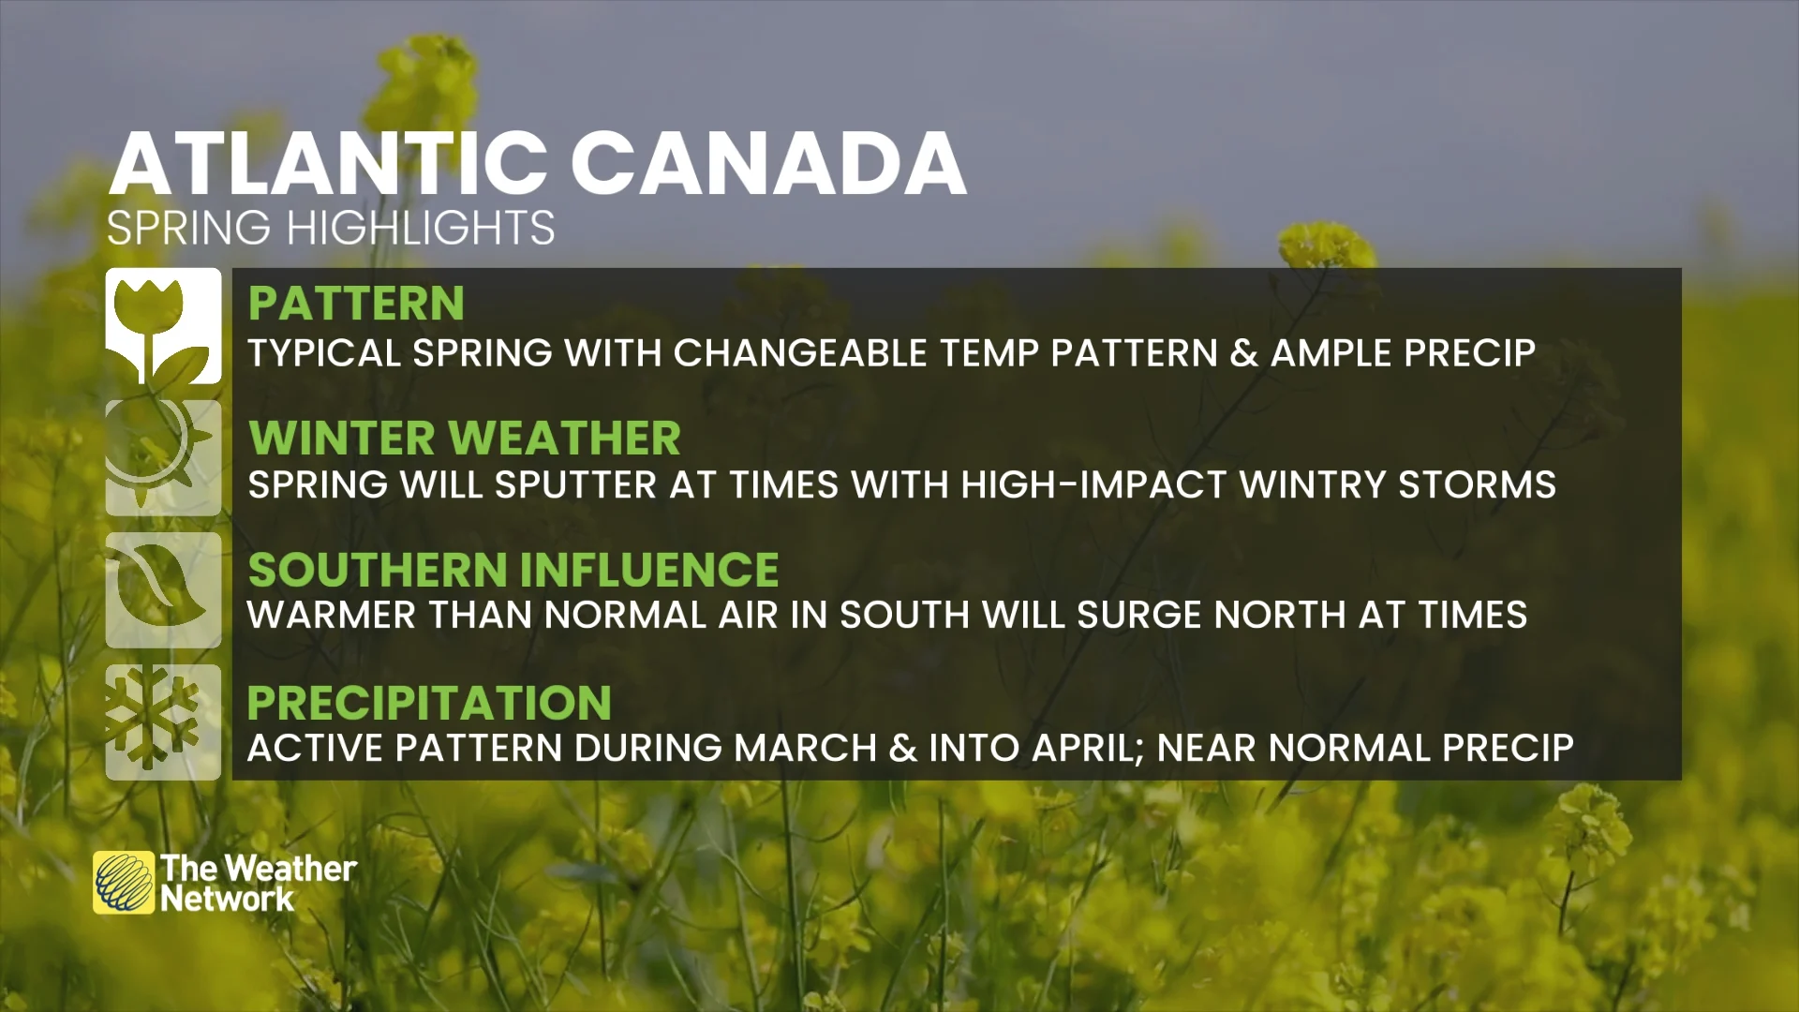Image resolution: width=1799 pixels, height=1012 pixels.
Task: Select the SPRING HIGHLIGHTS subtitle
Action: coord(331,228)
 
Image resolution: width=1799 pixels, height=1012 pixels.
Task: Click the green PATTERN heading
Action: coord(356,304)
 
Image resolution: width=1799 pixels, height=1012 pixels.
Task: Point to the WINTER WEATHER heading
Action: coord(465,438)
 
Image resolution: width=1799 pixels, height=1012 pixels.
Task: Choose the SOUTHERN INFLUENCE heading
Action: coord(513,570)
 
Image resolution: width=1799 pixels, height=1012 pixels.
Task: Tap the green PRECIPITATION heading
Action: coord(429,703)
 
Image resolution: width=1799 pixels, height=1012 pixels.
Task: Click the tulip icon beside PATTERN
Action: coord(163,326)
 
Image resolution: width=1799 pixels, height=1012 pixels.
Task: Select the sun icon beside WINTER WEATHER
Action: coord(163,458)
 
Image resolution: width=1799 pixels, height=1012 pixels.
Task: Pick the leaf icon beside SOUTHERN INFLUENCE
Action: coord(163,590)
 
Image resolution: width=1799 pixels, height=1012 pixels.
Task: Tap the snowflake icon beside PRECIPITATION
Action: coord(163,722)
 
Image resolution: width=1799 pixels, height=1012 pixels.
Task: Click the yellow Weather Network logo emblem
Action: coord(124,883)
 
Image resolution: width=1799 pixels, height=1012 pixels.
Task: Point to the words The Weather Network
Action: coord(258,884)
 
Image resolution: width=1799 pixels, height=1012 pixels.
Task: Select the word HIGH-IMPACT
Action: coord(1093,485)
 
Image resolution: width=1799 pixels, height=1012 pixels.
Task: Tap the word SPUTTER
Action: coord(575,485)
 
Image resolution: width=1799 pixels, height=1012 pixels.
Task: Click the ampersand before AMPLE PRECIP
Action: coord(1244,353)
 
